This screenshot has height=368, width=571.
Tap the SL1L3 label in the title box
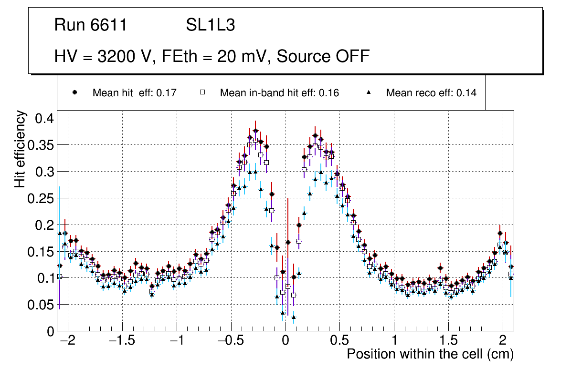coord(210,25)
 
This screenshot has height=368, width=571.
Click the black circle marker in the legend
coord(75,92)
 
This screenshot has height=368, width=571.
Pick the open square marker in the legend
coord(202,92)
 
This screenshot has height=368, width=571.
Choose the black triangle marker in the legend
coord(369,92)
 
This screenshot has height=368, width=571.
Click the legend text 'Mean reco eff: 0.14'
coord(431,93)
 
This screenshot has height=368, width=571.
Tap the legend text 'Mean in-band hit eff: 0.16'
coord(279,93)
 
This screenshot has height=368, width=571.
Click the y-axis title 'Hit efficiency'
coord(21,149)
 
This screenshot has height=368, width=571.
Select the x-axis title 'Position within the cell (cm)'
coord(430,354)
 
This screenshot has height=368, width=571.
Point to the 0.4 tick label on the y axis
coord(47,118)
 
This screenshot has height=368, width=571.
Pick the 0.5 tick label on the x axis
coord(340,341)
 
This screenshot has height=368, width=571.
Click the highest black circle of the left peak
coord(255,131)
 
